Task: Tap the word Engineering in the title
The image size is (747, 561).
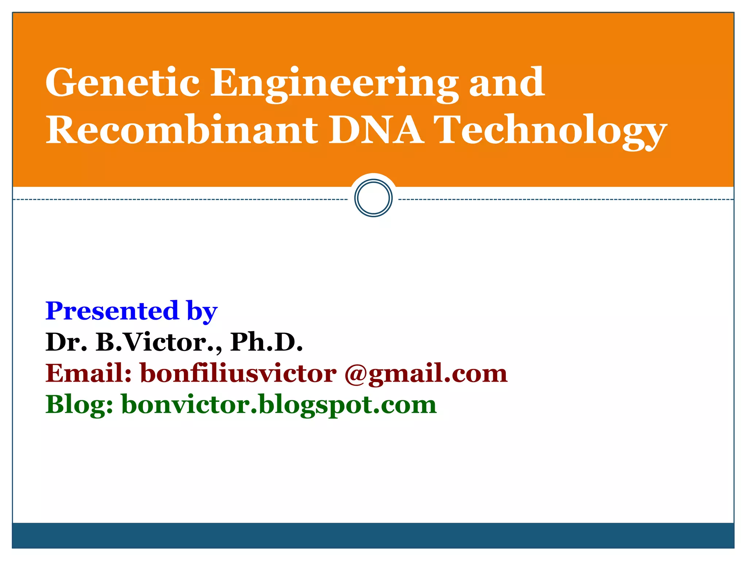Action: [334, 84]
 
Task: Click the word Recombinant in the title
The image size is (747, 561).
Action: [181, 130]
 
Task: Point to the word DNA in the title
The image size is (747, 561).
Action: [376, 130]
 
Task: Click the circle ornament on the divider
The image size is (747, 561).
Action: [373, 198]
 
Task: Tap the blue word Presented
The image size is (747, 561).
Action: [112, 311]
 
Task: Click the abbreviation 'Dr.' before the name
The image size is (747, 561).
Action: [66, 342]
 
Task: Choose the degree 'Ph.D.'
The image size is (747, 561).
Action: [266, 342]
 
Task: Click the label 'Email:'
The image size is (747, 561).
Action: [88, 373]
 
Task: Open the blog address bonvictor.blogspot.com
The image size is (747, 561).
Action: [279, 405]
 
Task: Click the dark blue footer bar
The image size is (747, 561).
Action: [373, 535]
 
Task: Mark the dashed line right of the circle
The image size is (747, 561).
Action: [565, 199]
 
